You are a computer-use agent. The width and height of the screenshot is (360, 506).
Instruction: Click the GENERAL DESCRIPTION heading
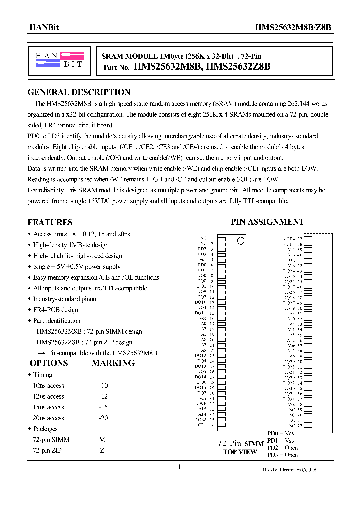[x=79, y=92]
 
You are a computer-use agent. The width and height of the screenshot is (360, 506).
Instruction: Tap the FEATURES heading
[x=50, y=222]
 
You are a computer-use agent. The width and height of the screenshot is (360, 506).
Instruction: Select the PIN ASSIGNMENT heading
[x=267, y=222]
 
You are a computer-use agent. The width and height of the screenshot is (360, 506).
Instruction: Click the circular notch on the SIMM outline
[x=241, y=241]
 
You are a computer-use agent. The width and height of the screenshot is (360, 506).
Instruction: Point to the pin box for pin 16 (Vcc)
[x=221, y=318]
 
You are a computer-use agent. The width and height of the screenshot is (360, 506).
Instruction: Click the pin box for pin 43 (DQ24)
[x=308, y=271]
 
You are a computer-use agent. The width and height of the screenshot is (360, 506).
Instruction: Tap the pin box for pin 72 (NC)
[x=308, y=426]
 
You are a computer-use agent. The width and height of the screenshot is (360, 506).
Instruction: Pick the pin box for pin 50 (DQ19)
[x=308, y=308]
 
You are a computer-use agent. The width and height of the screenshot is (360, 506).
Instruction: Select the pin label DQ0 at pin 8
[x=201, y=275]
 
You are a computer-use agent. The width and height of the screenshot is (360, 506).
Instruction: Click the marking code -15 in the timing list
[x=103, y=407]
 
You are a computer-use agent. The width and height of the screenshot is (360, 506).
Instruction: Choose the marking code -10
[x=103, y=385]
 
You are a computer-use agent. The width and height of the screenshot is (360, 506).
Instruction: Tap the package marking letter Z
[x=102, y=451]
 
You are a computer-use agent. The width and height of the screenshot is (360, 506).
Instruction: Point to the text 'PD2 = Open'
[x=282, y=448]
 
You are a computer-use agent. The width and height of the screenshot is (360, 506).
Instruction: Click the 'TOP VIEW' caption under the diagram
[x=240, y=452]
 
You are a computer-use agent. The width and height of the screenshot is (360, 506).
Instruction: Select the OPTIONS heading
[x=49, y=363]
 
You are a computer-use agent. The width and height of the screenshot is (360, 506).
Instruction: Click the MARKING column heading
[x=113, y=363]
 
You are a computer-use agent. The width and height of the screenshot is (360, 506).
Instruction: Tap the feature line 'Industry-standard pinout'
[x=65, y=299]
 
